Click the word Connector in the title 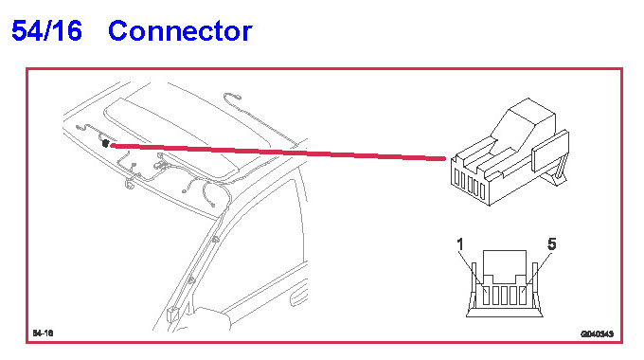click(x=180, y=31)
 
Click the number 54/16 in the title click(x=46, y=30)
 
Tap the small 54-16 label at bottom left click(x=44, y=333)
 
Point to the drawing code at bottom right click(x=598, y=333)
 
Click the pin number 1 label click(x=460, y=244)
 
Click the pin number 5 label click(x=551, y=244)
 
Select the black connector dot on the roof click(x=105, y=143)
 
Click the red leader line click(x=277, y=152)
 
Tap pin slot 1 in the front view click(x=486, y=296)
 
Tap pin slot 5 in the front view click(x=523, y=296)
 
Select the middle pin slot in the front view click(x=505, y=296)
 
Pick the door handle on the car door click(x=298, y=297)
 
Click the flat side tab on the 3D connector click(x=550, y=151)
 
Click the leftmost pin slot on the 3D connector click(x=456, y=177)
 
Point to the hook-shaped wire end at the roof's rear click(x=232, y=98)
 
